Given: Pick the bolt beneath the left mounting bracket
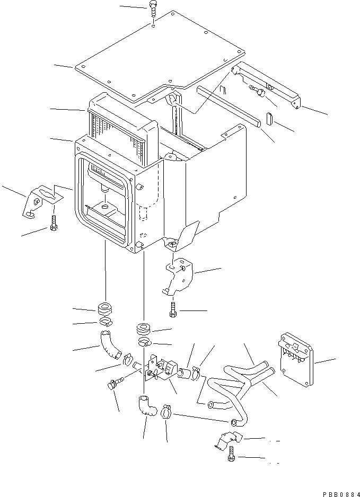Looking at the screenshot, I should [53, 224].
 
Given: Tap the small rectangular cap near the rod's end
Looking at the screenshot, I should [269, 118].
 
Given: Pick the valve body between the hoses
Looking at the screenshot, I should [159, 368].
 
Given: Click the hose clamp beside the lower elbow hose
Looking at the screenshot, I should [166, 412].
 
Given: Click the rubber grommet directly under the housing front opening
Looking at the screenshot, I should [106, 308].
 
